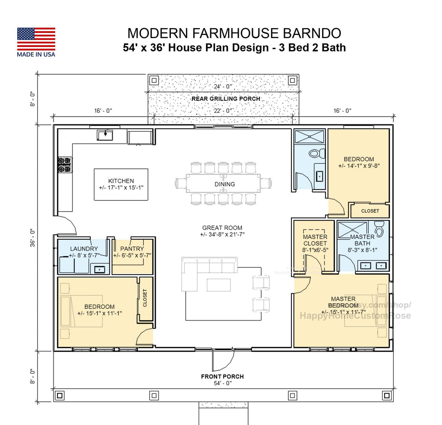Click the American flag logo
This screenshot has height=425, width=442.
tap(36, 39)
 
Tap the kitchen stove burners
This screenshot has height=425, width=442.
tap(65, 165)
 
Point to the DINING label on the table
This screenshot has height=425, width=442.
tap(224, 184)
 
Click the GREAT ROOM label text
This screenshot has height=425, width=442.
tap(222, 228)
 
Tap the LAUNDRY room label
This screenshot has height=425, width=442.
tap(84, 249)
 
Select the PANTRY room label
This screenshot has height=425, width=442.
tap(132, 249)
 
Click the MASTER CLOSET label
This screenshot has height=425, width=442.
tap(315, 240)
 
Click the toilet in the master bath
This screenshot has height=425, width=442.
tap(379, 229)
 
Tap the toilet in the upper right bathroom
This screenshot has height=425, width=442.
tap(317, 153)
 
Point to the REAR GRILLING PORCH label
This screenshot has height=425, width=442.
tap(226, 98)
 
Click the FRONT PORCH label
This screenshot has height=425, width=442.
tap(222, 376)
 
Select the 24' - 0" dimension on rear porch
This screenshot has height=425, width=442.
tap(223, 87)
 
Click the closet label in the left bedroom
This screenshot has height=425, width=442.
tap(145, 298)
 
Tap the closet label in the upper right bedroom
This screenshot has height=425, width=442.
tap(370, 211)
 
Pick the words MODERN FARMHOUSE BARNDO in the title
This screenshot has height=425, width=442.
tap(234, 33)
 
